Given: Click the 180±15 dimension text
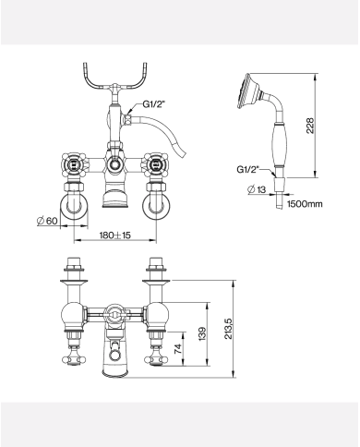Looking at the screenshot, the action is [x=115, y=236].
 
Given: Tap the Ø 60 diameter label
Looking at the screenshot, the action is [x=47, y=221].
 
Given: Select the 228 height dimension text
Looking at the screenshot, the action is [x=310, y=126].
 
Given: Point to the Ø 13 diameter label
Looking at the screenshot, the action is [x=257, y=189].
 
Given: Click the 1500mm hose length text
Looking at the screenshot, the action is [x=305, y=204].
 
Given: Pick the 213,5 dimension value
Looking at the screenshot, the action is [x=229, y=328].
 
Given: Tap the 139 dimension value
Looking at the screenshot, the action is [x=202, y=333].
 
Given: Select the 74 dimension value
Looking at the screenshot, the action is [x=178, y=349].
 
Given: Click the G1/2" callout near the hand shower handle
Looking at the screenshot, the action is [x=248, y=169].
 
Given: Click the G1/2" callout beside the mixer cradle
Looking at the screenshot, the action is [x=154, y=104].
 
